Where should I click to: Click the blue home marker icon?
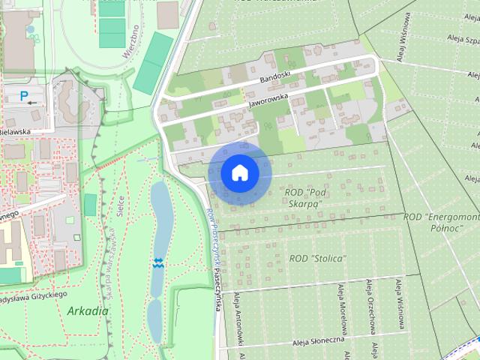pos(240,172)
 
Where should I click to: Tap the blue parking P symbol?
pos(24,95)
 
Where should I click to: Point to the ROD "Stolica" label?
pos(317,259)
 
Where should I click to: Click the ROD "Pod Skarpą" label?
pos(304,198)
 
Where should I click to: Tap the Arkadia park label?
pos(87,310)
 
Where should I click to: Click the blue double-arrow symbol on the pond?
pos(157,262)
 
